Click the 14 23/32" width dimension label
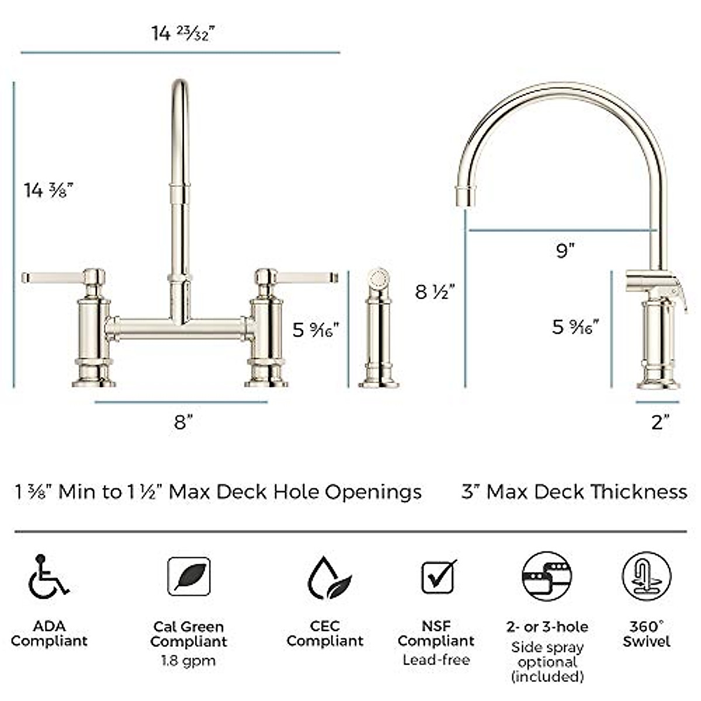[x=183, y=33]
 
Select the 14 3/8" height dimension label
[x=48, y=190]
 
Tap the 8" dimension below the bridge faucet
[x=183, y=422]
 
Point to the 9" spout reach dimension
[x=565, y=251]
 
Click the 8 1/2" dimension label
[x=435, y=291]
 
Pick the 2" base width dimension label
[x=660, y=422]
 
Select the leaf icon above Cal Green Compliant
[x=189, y=577]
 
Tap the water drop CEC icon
[x=329, y=578]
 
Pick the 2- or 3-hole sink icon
[x=547, y=577]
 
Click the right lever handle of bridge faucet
[x=307, y=276]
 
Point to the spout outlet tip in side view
[x=466, y=197]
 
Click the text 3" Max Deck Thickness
[x=574, y=491]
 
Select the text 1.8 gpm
[x=188, y=661]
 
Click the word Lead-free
[x=436, y=660]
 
